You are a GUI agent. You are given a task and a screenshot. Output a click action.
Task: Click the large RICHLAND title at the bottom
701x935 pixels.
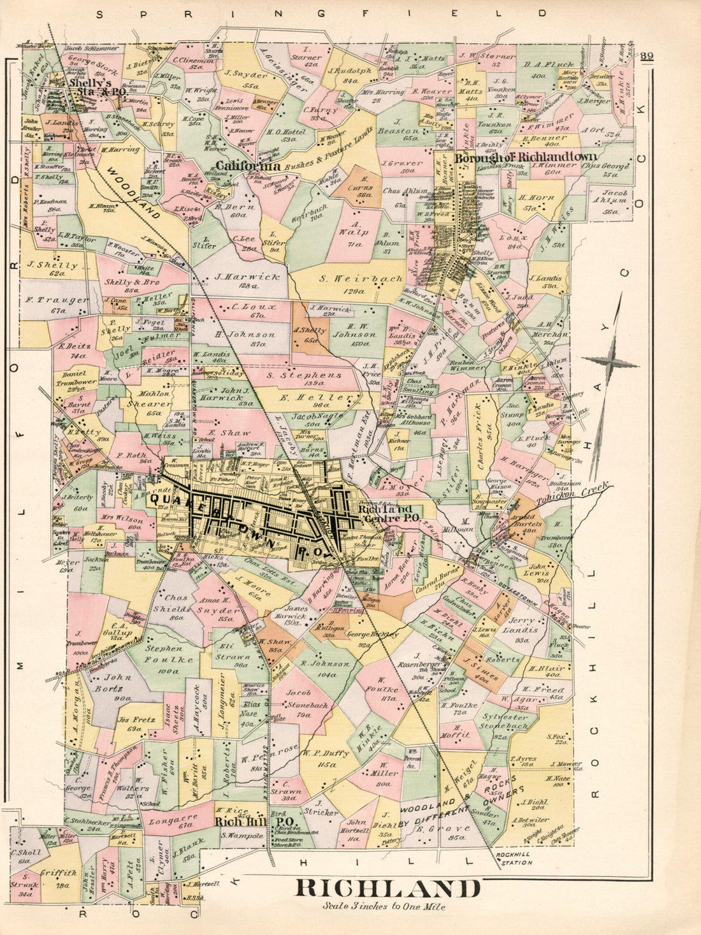pos(387,888)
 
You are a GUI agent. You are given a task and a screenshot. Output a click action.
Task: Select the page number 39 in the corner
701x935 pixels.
pos(647,56)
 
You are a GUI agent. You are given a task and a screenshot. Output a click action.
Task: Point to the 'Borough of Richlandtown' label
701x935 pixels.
pos(526,157)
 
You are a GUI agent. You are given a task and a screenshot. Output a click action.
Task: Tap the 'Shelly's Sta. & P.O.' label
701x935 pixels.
pos(98,87)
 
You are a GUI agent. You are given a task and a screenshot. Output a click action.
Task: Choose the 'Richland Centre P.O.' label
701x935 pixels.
pos(389,514)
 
